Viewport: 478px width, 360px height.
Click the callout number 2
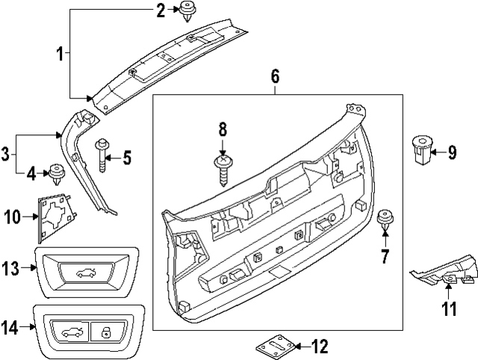[x=160, y=10]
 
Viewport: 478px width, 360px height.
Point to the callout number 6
[x=274, y=75]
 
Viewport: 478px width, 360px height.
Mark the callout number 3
[x=6, y=155]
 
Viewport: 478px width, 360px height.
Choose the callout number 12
[x=319, y=346]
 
